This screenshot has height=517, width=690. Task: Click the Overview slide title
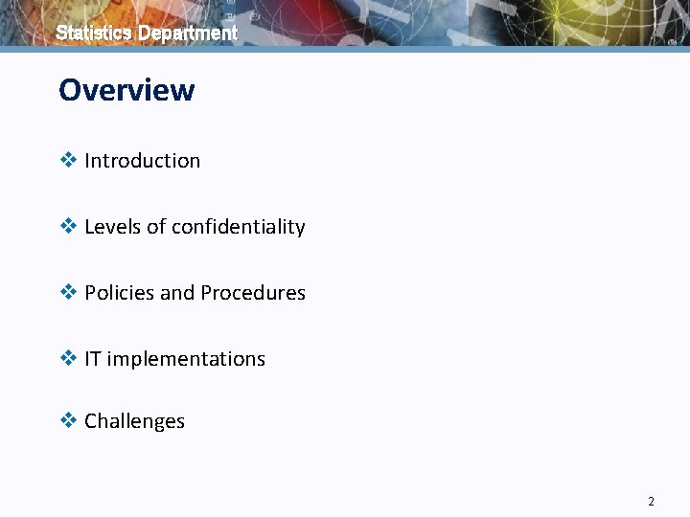pyautogui.click(x=126, y=90)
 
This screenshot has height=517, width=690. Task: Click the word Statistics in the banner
pyautogui.click(x=94, y=33)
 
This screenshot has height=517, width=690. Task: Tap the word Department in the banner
pyautogui.click(x=188, y=33)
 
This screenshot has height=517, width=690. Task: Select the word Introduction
pyautogui.click(x=143, y=161)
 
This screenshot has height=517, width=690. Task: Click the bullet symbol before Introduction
pyautogui.click(x=68, y=161)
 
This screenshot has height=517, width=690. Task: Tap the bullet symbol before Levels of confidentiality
pyautogui.click(x=68, y=227)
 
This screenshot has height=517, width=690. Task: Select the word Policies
pyautogui.click(x=120, y=293)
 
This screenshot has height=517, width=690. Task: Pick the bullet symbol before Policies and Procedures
pyautogui.click(x=68, y=293)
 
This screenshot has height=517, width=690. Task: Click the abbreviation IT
pyautogui.click(x=93, y=359)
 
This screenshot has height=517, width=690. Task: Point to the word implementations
pyautogui.click(x=186, y=359)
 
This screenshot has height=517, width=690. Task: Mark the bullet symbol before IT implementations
pyautogui.click(x=68, y=359)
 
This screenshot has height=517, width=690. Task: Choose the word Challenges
pyautogui.click(x=135, y=421)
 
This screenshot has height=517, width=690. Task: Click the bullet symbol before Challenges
pyautogui.click(x=68, y=421)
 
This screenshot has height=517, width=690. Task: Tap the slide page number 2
pyautogui.click(x=651, y=501)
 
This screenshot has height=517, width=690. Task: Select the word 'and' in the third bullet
pyautogui.click(x=177, y=293)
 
